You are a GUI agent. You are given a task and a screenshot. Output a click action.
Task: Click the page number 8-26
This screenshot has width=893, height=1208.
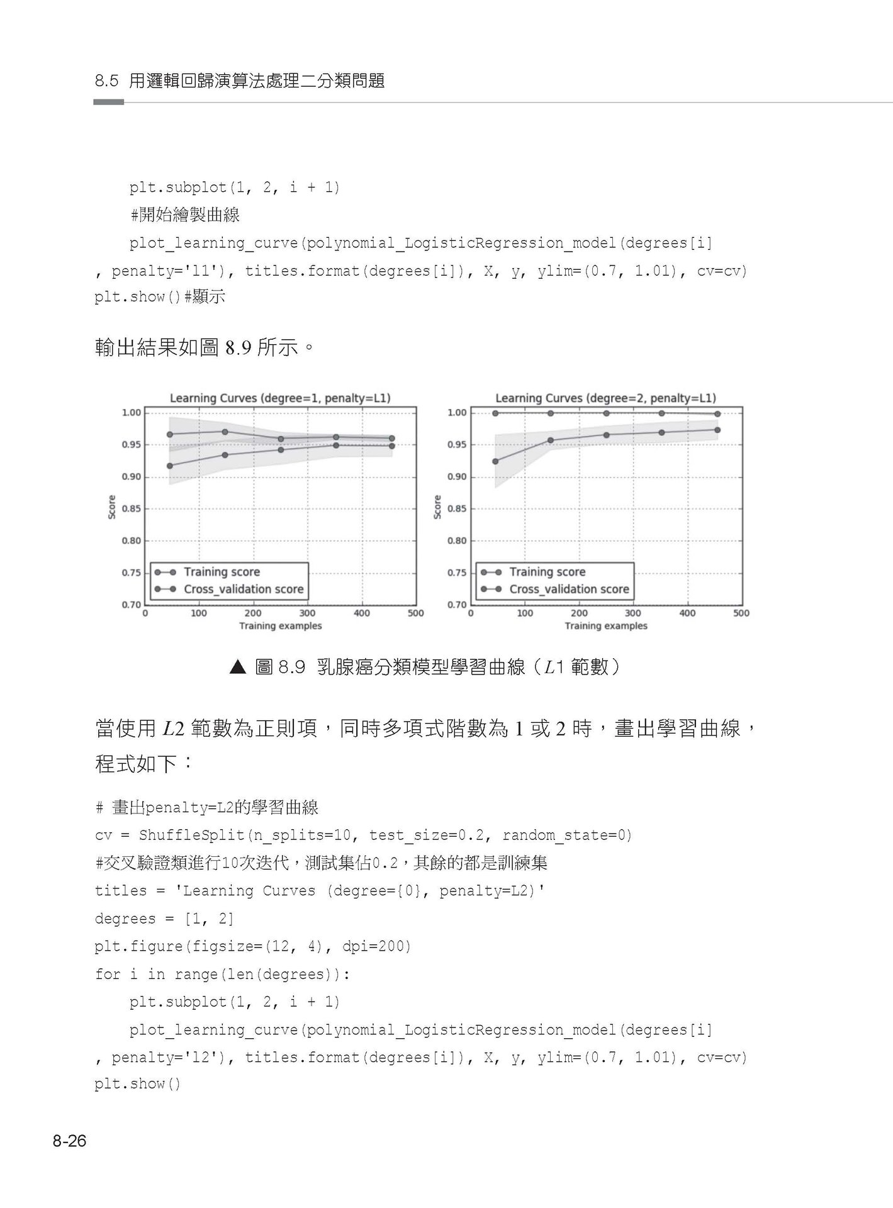tap(69, 1141)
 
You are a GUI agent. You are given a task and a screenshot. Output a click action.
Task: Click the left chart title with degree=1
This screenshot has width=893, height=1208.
tap(280, 398)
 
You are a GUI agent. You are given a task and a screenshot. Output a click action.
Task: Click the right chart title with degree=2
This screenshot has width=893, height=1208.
tap(605, 398)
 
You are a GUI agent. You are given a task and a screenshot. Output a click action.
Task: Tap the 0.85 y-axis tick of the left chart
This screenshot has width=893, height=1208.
tap(131, 508)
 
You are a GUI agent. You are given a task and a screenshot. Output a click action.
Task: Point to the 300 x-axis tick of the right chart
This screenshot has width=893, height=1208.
tap(633, 613)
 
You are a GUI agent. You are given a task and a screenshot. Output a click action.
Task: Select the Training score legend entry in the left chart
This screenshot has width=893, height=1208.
tap(222, 572)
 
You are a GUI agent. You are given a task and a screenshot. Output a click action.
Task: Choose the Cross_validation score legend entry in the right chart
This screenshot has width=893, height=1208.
tap(569, 589)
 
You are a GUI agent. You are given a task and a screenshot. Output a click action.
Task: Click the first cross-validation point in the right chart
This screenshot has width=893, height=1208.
tap(495, 461)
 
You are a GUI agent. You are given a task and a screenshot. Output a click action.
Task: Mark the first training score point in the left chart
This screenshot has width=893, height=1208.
tap(169, 434)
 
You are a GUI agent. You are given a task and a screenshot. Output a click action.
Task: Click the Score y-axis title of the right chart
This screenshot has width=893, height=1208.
tap(437, 507)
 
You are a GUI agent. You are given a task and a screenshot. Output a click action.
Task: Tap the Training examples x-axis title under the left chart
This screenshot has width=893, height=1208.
tap(280, 626)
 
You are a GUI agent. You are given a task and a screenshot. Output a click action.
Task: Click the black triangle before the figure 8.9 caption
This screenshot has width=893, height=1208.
tap(237, 667)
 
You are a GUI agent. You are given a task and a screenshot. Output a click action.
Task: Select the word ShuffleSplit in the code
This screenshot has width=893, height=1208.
tap(191, 835)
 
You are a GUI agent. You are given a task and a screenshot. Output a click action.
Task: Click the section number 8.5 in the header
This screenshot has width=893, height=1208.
tap(107, 81)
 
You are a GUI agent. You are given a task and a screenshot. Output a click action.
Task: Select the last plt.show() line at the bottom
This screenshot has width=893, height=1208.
tap(137, 1084)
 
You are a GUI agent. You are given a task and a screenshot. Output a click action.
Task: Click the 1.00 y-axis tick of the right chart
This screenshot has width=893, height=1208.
tap(457, 413)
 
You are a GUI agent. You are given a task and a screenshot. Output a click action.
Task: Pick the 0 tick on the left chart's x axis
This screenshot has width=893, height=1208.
tap(145, 613)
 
